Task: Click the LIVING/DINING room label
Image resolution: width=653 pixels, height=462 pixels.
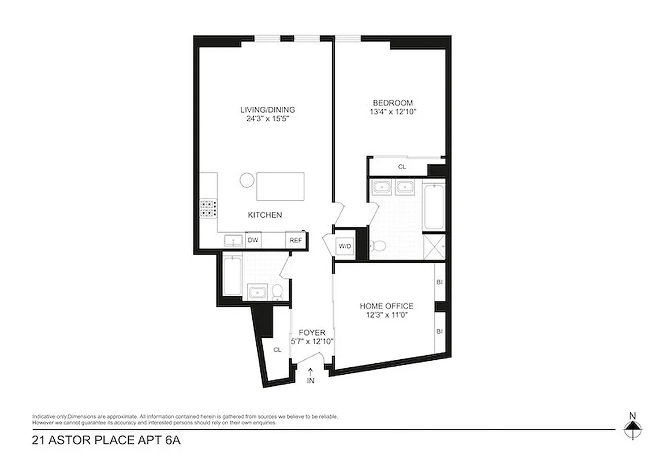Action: pos(267,110)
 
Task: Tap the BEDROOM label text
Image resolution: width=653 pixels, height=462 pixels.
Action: pos(393,103)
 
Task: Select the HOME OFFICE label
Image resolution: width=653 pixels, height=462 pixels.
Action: pos(386,306)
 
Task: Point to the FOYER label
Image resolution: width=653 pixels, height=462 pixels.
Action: pos(312,333)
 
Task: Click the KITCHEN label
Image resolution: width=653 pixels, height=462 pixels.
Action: pos(264,215)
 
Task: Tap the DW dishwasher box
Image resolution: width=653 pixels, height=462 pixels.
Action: pos(252,240)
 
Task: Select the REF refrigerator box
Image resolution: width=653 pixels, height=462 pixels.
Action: pos(295,240)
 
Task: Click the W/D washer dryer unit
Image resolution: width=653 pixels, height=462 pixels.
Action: pos(345,247)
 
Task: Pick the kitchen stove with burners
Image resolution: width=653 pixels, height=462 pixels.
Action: pos(208,208)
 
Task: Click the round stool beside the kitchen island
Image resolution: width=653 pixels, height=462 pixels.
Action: pos(246,180)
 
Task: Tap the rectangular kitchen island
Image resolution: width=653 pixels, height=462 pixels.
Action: pos(280,186)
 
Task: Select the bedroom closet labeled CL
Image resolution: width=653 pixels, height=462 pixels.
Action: pos(402,167)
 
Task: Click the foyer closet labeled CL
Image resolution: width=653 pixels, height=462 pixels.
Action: pos(277,349)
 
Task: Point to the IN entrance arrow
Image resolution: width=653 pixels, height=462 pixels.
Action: pos(311,376)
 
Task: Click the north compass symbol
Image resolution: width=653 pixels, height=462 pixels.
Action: pos(633,426)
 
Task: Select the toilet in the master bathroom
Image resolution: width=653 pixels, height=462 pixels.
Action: pos(378,247)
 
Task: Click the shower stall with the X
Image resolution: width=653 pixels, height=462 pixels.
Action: pos(433,247)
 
